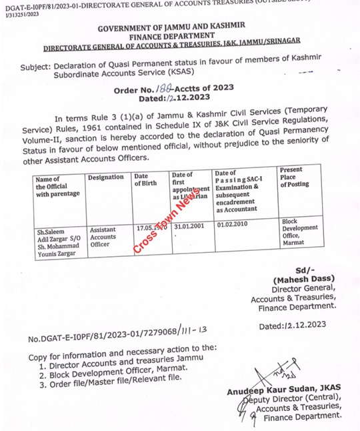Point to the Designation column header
tap(105, 177)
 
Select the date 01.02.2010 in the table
tap(233, 225)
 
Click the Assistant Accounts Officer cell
tap(103, 237)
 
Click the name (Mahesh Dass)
tap(304, 279)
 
